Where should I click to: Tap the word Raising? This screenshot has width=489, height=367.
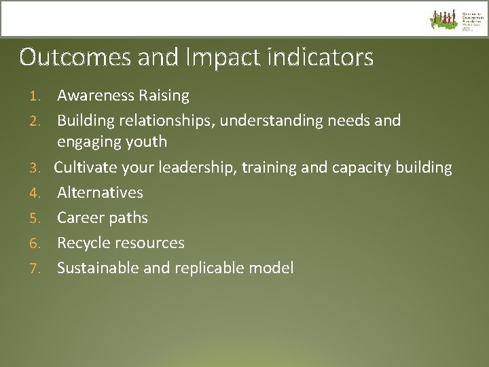(163, 96)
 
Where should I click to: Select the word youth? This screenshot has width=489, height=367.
(145, 142)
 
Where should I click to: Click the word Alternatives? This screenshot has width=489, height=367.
(100, 192)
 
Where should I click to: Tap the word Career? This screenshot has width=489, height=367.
(78, 217)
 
